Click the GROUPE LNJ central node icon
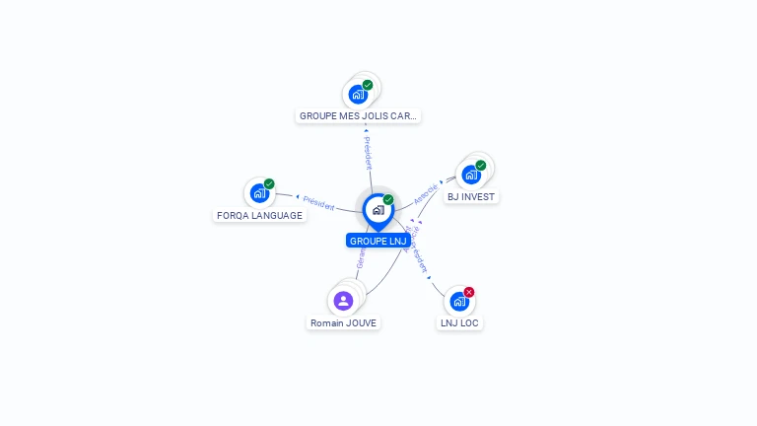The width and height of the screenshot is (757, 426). pos(378,210)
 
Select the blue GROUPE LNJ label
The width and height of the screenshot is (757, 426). pos(378,241)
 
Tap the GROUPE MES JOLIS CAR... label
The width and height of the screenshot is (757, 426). pos(358,115)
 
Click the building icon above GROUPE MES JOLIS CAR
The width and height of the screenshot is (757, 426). pos(358,95)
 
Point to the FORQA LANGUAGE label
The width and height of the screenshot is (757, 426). pos(259,215)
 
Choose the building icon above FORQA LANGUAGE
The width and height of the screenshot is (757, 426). pos(259,192)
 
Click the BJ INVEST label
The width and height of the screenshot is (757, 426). pos(471,196)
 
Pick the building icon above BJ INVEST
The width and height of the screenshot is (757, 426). pos(471,175)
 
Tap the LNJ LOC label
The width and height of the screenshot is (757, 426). pos(460,322)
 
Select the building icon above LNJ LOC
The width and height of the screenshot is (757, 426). pos(459,302)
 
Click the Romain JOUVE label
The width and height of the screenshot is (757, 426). pos(343,322)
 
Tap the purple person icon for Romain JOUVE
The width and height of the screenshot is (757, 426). pos(343,300)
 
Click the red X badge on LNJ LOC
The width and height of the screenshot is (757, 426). pos(469,292)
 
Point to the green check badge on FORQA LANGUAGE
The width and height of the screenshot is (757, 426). pos(269,183)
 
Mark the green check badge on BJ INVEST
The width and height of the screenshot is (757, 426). pos(481,166)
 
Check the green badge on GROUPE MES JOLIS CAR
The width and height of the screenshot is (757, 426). pos(368,85)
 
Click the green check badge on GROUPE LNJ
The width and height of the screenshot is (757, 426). pos(388,200)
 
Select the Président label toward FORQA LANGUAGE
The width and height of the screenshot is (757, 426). pos(318,202)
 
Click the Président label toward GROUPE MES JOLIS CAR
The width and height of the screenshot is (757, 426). pos(368,153)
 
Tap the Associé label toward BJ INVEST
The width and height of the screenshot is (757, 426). pos(426,193)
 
